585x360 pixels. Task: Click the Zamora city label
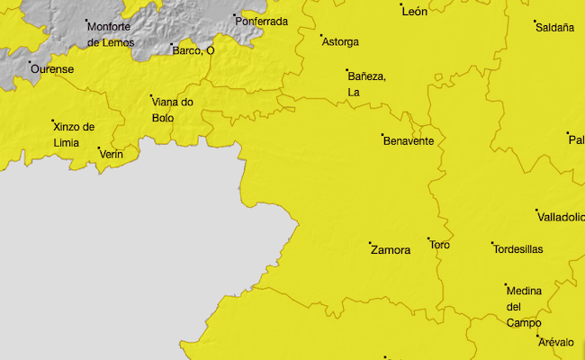[x=391, y=251]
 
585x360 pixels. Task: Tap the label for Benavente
[x=409, y=141]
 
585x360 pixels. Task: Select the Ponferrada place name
[x=261, y=22]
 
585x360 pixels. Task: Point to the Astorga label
[x=340, y=42]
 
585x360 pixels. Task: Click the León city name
[x=414, y=12]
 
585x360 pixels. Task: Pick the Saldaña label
[x=554, y=28]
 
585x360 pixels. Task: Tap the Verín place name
[x=112, y=155]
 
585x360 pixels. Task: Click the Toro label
[x=440, y=245]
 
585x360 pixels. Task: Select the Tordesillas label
[x=518, y=249]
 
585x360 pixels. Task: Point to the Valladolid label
[x=560, y=217]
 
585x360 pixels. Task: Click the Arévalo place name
[x=555, y=343]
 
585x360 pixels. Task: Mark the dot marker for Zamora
[x=370, y=243]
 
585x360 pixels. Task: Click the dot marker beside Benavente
[x=382, y=135]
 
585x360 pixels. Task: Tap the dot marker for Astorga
[x=321, y=36]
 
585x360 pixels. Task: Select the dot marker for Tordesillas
[x=492, y=243]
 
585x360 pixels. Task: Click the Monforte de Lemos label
[x=111, y=34]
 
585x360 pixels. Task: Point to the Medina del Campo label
[x=524, y=307]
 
